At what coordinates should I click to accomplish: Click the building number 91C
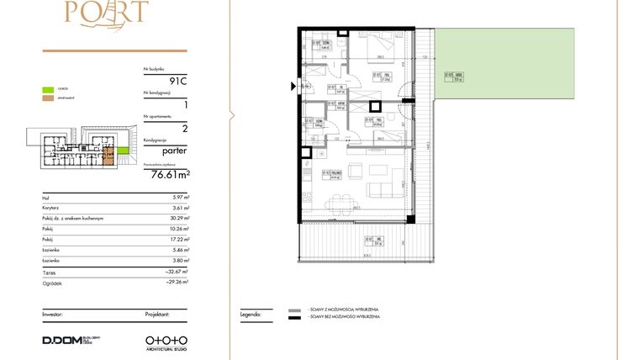click(x=177, y=81)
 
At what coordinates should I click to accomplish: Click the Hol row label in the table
click(x=45, y=198)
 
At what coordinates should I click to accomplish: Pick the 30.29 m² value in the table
click(x=180, y=219)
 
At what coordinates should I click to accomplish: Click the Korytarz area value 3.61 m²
click(x=181, y=208)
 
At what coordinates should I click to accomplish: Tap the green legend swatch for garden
click(x=50, y=87)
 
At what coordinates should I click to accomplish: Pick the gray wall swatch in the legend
click(x=294, y=310)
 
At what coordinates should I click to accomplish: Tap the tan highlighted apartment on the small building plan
click(x=109, y=154)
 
